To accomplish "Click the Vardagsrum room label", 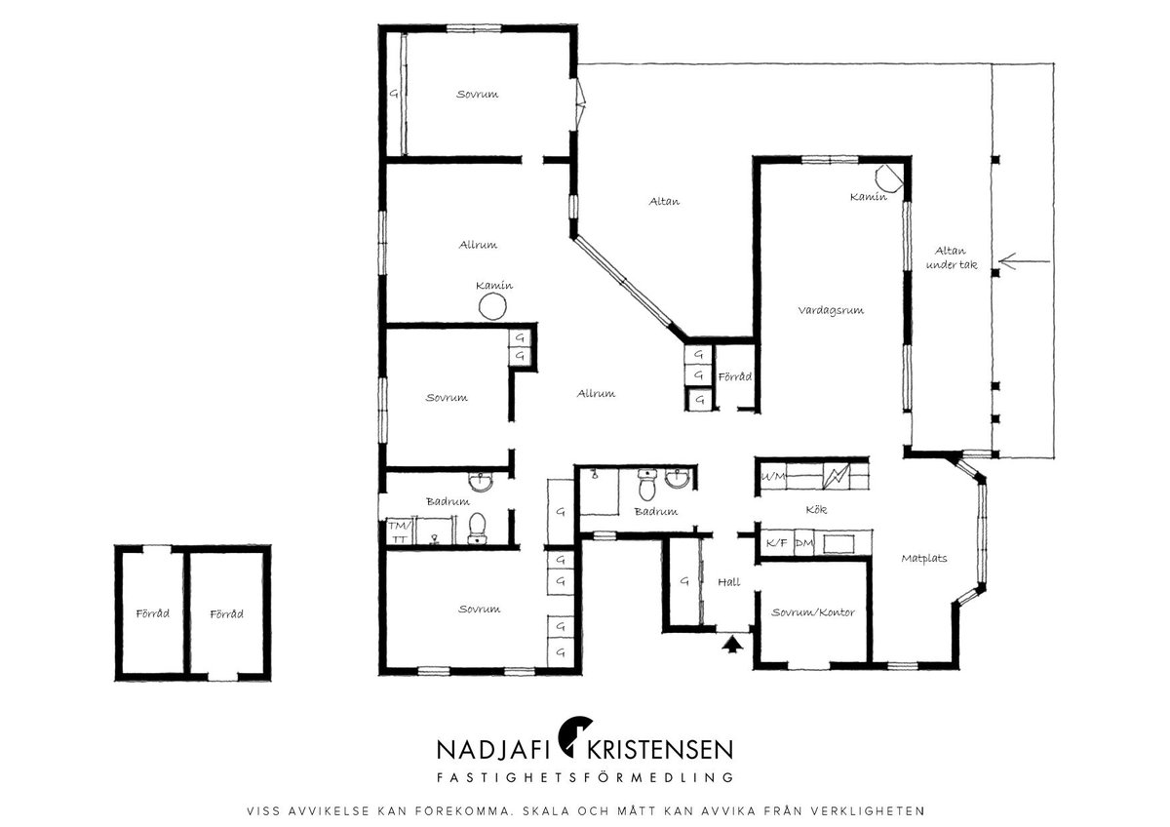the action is (831, 310).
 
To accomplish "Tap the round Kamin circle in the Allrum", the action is (492, 306).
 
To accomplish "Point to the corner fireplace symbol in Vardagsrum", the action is (889, 178).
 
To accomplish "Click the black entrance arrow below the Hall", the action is (733, 644).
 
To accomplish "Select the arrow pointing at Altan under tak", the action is (1024, 261).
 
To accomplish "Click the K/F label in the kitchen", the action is (777, 543).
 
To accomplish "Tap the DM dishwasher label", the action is (804, 543).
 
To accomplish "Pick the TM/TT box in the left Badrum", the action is (400, 532).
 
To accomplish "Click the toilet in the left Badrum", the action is (477, 529).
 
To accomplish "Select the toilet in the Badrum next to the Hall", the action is (647, 485).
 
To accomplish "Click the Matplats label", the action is (924, 559).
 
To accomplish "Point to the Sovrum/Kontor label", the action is (813, 612).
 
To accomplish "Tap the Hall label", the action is (728, 582).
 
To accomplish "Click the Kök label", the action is (816, 509).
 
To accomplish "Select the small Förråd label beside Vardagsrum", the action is (735, 376).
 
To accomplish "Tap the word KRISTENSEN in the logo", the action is (660, 750).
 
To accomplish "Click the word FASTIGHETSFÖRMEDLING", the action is (585, 777).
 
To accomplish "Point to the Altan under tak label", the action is (952, 258).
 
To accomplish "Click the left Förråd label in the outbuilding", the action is (152, 613).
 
